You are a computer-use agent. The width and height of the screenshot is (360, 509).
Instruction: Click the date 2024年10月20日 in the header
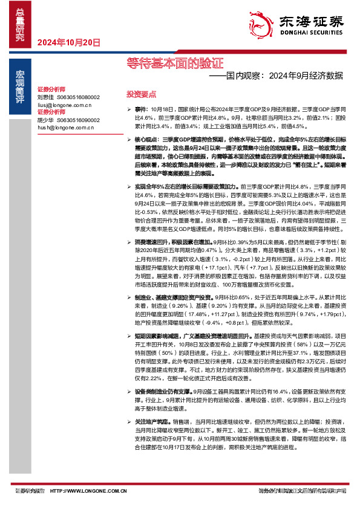click(x=68, y=42)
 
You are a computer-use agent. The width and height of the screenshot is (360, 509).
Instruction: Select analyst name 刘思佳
click(x=46, y=97)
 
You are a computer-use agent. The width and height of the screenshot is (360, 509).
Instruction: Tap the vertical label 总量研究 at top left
click(x=20, y=25)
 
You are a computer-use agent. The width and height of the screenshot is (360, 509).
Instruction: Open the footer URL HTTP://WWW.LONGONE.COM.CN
click(x=88, y=491)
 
